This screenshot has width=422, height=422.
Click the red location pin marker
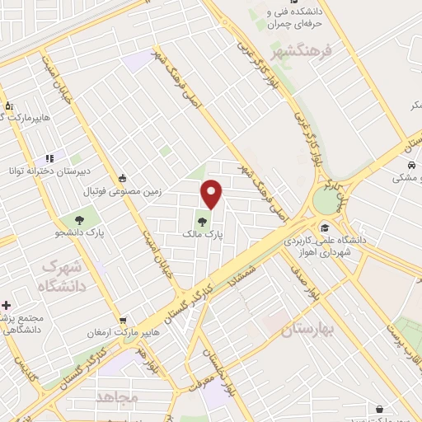(212, 194)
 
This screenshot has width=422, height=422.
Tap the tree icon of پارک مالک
(202, 220)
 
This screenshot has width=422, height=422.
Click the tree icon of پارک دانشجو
(80, 220)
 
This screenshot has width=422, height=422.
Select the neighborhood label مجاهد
(117, 397)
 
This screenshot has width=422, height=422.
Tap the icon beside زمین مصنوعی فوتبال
(123, 177)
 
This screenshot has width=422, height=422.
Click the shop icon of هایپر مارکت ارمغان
(123, 320)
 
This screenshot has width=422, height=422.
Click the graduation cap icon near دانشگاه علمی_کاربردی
(325, 227)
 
